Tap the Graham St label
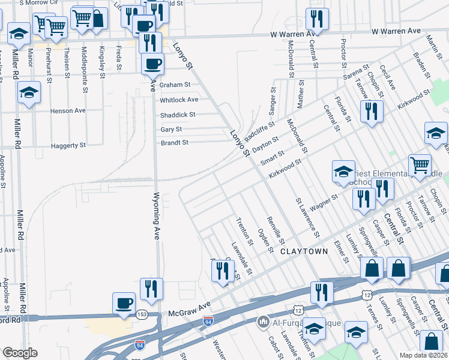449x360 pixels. pyautogui.click(x=175, y=85)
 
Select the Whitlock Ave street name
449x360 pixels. pyautogui.click(x=178, y=100)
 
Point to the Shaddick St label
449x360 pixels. pyautogui.click(x=178, y=115)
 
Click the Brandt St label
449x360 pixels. pyautogui.click(x=175, y=143)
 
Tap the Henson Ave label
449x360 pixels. pyautogui.click(x=68, y=111)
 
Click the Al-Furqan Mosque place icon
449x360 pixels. pyautogui.click(x=262, y=323)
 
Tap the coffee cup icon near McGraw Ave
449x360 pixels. pyautogui.click(x=124, y=302)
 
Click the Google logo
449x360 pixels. pyautogui.click(x=20, y=353)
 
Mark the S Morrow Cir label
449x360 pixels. pyautogui.click(x=38, y=3)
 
